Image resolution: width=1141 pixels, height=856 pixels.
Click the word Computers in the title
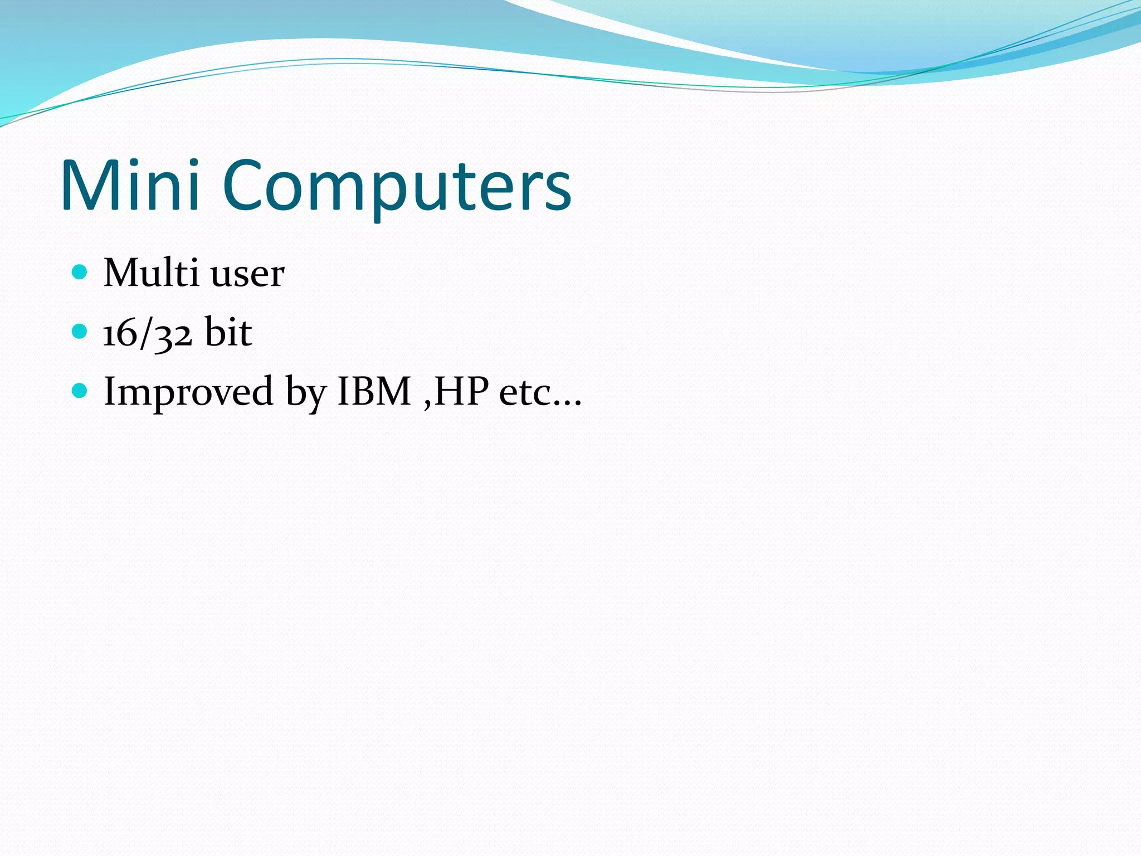(397, 186)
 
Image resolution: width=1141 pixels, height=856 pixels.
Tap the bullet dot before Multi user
(80, 272)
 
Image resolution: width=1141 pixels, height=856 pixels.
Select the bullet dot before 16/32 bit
(80, 332)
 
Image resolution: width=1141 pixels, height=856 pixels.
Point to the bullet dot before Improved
(80, 391)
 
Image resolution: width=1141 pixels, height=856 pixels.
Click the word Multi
(151, 273)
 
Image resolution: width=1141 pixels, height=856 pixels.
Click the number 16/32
(148, 333)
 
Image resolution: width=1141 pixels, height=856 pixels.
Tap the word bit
(228, 332)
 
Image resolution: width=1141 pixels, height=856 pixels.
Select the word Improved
(188, 392)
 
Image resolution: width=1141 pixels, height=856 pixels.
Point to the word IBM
(374, 391)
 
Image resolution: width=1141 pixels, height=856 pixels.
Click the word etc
(525, 393)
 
